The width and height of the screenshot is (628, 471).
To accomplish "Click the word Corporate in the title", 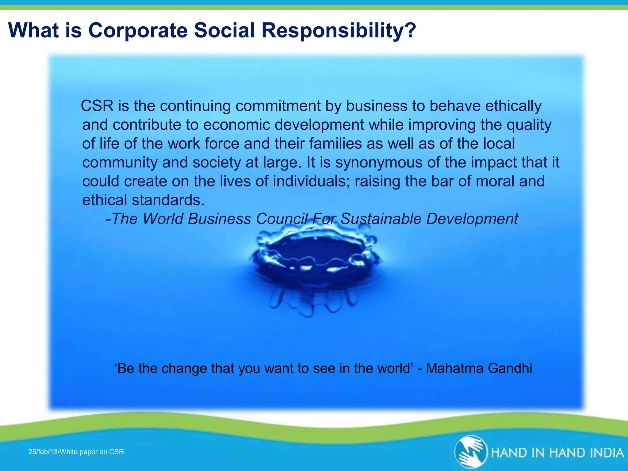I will pos(138,30).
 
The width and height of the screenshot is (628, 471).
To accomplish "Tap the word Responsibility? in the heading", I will pos(339,30).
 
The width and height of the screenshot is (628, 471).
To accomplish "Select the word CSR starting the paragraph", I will pos(97,106).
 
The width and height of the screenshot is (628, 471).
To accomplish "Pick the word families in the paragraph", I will pos(335,144).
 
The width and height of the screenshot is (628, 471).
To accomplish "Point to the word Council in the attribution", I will pos(281,219).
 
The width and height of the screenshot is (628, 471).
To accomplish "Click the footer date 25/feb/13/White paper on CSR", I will pos(76,452).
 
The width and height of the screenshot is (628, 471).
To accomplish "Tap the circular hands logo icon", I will pos(470,452).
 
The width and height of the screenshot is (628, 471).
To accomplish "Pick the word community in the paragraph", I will pos(120,162).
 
